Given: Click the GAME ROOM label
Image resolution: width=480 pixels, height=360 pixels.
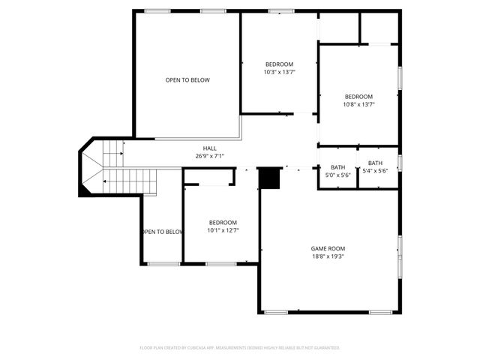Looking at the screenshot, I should [328, 248].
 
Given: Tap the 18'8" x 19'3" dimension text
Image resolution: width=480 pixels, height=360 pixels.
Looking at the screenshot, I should [328, 256].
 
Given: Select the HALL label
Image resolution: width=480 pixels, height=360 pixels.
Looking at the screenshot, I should [209, 148].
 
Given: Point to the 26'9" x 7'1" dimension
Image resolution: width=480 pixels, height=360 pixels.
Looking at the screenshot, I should [209, 156].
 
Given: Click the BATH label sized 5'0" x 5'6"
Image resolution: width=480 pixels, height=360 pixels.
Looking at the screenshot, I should [337, 167].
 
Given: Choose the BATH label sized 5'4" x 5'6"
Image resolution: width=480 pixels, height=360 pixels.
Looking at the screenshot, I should [375, 163].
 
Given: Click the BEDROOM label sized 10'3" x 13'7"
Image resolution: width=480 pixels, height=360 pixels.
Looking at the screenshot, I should [279, 64].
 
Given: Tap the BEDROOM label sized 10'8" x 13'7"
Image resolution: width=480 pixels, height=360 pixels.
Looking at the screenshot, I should [358, 97].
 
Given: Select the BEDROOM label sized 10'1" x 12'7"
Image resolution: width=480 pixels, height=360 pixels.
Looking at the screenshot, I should [223, 223].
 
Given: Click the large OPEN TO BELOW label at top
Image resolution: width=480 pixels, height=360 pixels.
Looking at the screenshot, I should [187, 80].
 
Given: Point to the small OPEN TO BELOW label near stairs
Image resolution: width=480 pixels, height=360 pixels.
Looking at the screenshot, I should [162, 232].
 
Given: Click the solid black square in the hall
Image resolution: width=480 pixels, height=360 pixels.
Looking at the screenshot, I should [268, 178].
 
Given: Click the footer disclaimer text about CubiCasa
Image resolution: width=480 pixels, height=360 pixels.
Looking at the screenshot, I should [240, 348].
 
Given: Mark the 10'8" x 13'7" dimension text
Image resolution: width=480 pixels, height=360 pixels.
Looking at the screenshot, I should [358, 105].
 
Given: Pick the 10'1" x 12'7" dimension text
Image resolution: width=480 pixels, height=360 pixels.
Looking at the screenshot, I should [223, 231].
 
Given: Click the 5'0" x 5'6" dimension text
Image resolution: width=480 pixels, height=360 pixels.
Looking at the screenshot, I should [337, 175].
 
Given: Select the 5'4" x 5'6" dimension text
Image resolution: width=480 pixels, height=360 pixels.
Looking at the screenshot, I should [375, 171].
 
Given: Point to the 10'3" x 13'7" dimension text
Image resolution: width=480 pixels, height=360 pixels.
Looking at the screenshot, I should [279, 73].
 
